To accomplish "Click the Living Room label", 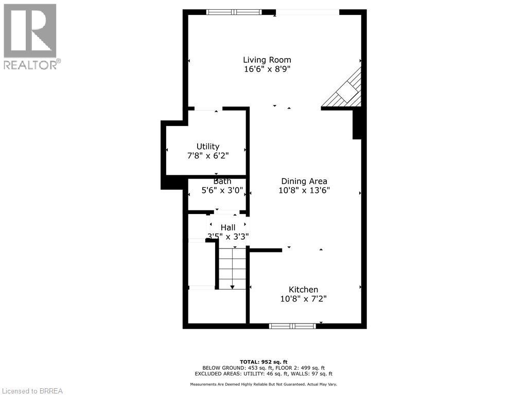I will click(x=267, y=60).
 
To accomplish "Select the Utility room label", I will click(x=208, y=147).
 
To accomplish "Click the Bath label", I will click(x=222, y=181).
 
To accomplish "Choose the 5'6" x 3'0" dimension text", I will click(x=222, y=190).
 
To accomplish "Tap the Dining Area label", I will click(x=304, y=181).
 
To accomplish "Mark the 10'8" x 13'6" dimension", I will click(x=304, y=190).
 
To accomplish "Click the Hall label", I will click(x=228, y=227).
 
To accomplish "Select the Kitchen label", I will click(x=303, y=290).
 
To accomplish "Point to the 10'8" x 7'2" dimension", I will click(x=303, y=299).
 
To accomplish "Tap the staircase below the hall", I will click(x=232, y=268).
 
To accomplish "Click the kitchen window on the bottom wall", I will click(x=292, y=326).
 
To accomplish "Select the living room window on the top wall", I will click(x=234, y=12).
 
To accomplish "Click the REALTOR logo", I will click(x=30, y=37).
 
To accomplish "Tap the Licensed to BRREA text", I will click(x=31, y=390).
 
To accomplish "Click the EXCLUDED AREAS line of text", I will click(x=263, y=374).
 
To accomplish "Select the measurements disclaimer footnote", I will click(x=263, y=384).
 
